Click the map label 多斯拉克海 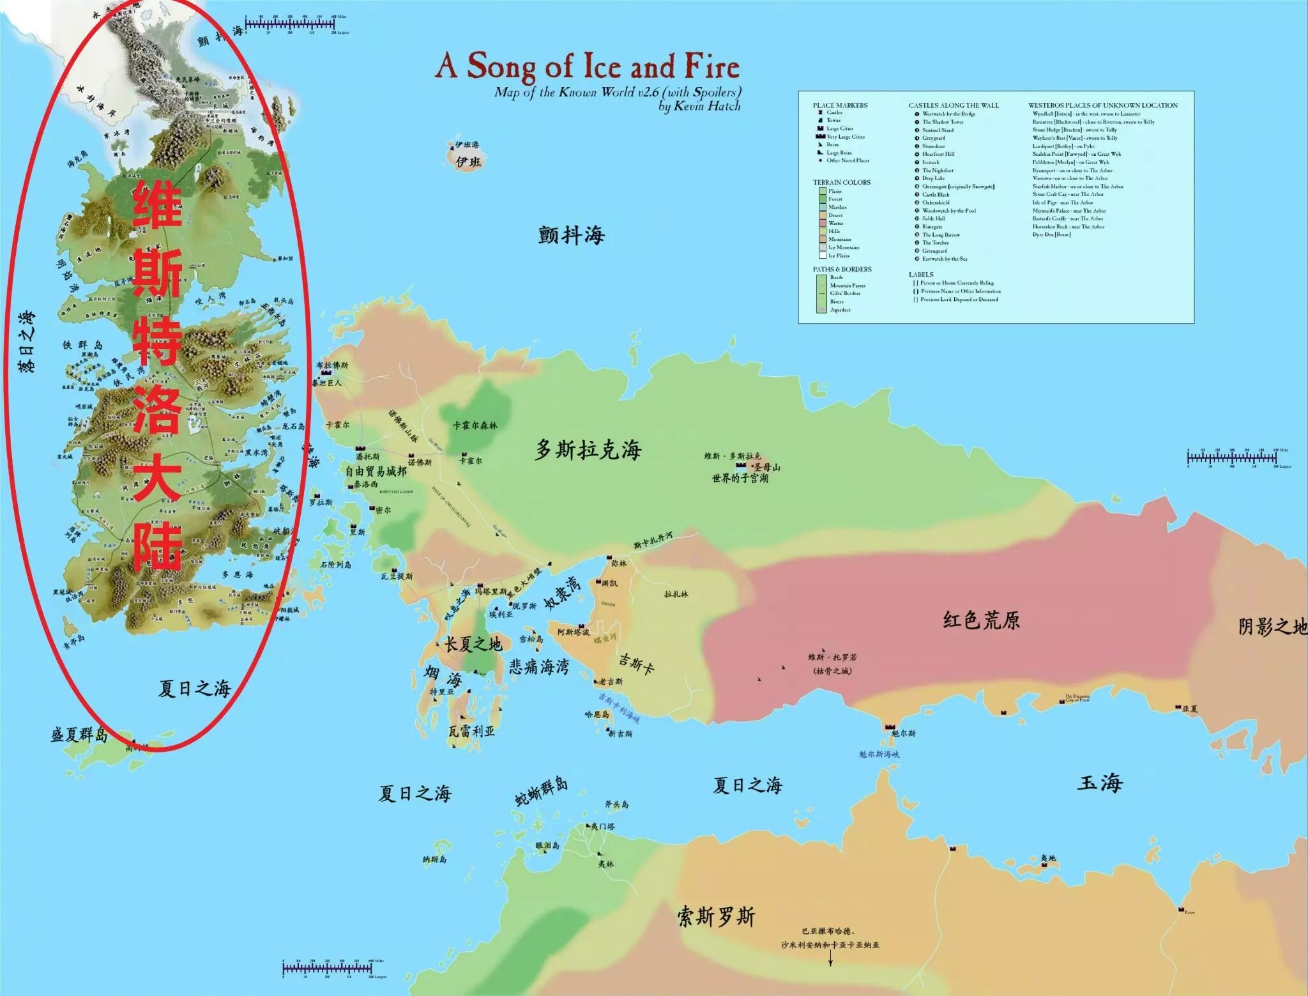pyautogui.click(x=588, y=450)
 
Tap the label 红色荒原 pyautogui.click(x=981, y=620)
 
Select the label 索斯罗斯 pyautogui.click(x=716, y=917)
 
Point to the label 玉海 pyautogui.click(x=1100, y=783)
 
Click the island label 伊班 pyautogui.click(x=468, y=162)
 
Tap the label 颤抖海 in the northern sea pyautogui.click(x=571, y=235)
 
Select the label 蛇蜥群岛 pyautogui.click(x=541, y=792)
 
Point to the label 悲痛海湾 pyautogui.click(x=539, y=667)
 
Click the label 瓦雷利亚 pyautogui.click(x=471, y=731)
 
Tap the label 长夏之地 pyautogui.click(x=473, y=644)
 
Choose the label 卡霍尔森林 pyautogui.click(x=475, y=425)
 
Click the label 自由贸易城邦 pyautogui.click(x=376, y=471)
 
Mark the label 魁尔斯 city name pyautogui.click(x=903, y=733)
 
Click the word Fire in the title pyautogui.click(x=712, y=66)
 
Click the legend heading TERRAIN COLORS pyautogui.click(x=841, y=182)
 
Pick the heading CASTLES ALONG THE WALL pyautogui.click(x=954, y=105)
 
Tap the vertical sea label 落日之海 pyautogui.click(x=27, y=342)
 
